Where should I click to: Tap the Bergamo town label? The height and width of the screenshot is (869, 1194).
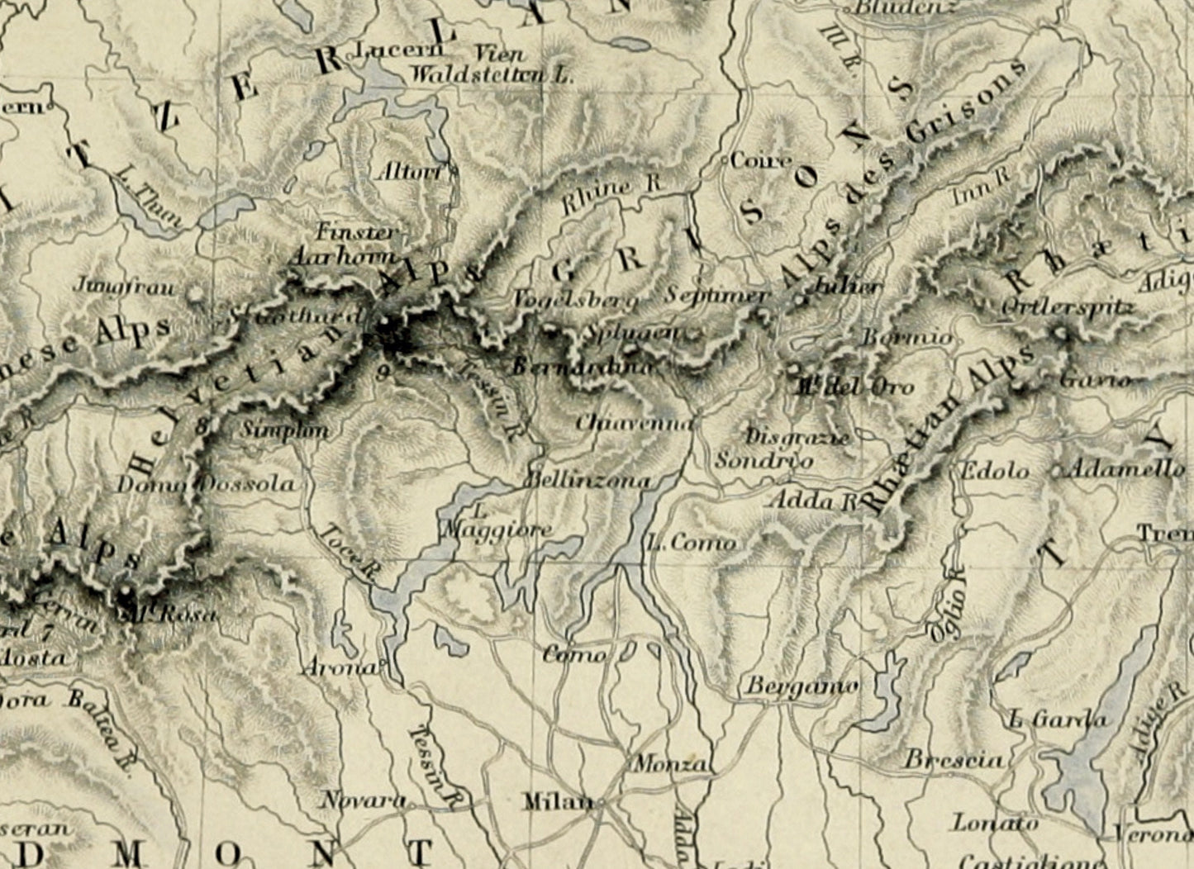[802, 686]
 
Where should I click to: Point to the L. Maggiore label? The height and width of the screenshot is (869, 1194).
[496, 522]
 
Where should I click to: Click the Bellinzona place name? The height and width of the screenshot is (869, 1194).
[588, 480]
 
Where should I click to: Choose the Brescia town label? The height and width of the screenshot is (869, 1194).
[954, 759]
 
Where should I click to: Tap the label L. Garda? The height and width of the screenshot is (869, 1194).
[1057, 719]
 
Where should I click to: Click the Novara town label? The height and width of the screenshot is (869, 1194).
[363, 800]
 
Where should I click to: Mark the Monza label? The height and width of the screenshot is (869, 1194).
[670, 764]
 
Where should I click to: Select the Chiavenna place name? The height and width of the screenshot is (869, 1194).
[634, 422]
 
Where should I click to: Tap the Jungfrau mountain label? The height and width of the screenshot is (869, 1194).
[126, 287]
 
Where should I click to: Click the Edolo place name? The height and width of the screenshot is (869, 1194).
[993, 471]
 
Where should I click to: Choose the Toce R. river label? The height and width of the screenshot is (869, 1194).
[348, 554]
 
